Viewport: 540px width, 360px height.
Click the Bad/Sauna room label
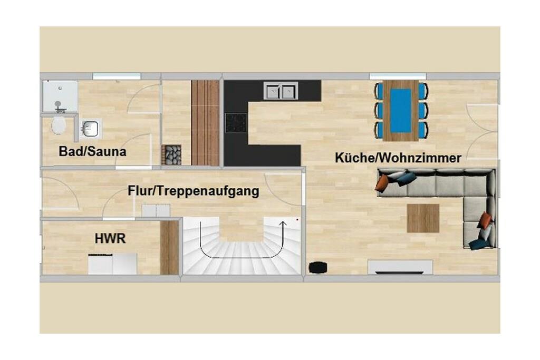click(92, 151)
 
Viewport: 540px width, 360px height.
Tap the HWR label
click(110, 239)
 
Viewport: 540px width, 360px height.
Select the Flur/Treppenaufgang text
click(194, 191)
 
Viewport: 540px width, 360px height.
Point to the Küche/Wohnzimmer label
click(398, 158)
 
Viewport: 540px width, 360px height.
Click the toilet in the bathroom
click(59, 127)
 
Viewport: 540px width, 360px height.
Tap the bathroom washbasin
click(90, 129)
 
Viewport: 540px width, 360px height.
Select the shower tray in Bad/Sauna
click(60, 96)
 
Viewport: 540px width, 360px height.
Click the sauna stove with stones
click(171, 155)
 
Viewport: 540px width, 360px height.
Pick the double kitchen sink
click(281, 91)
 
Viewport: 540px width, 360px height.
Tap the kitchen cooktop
click(236, 123)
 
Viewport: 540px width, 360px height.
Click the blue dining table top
click(401, 111)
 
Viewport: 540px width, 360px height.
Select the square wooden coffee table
click(423, 218)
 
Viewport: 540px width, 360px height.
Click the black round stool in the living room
click(317, 267)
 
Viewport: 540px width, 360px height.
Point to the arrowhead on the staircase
click(283, 224)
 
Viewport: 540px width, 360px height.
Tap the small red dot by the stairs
click(297, 219)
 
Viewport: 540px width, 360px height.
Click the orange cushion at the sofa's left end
click(382, 183)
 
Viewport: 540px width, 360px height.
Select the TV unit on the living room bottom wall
click(400, 267)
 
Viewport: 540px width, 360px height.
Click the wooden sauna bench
click(205, 123)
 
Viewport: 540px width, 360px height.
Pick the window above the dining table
click(398, 76)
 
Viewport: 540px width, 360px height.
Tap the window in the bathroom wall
click(117, 76)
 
